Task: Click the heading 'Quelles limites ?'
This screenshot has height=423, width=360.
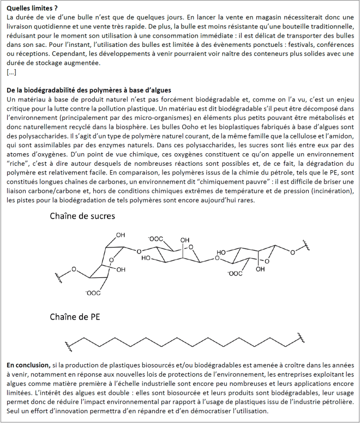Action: tap(33, 8)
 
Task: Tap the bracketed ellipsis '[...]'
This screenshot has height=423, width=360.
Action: tap(11, 72)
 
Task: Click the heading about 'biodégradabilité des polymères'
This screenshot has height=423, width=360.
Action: tap(89, 90)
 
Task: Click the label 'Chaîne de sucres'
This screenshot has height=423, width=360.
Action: tap(82, 216)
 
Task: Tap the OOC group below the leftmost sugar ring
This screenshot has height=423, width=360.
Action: tap(92, 293)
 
